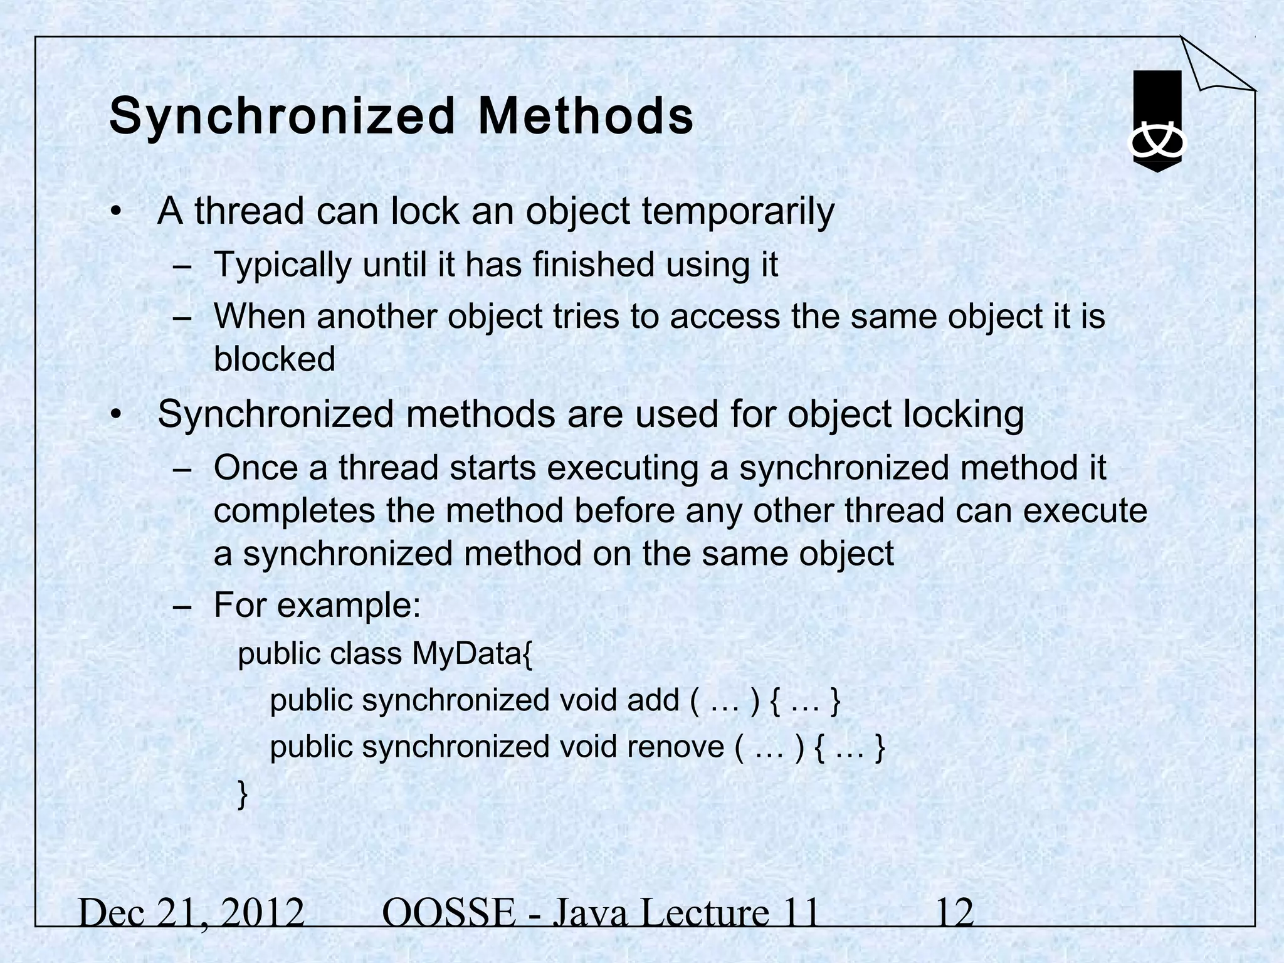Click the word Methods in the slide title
pyautogui.click(x=586, y=117)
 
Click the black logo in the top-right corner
pyautogui.click(x=1157, y=122)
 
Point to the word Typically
pyautogui.click(x=282, y=265)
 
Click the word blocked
pyautogui.click(x=275, y=359)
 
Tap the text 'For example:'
pyautogui.click(x=317, y=606)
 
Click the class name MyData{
pyautogui.click(x=472, y=654)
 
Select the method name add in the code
pyautogui.click(x=653, y=700)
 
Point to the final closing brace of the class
pyautogui.click(x=243, y=794)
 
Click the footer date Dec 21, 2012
pyautogui.click(x=192, y=913)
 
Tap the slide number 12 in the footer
pyautogui.click(x=954, y=913)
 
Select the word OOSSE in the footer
pyautogui.click(x=448, y=913)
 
